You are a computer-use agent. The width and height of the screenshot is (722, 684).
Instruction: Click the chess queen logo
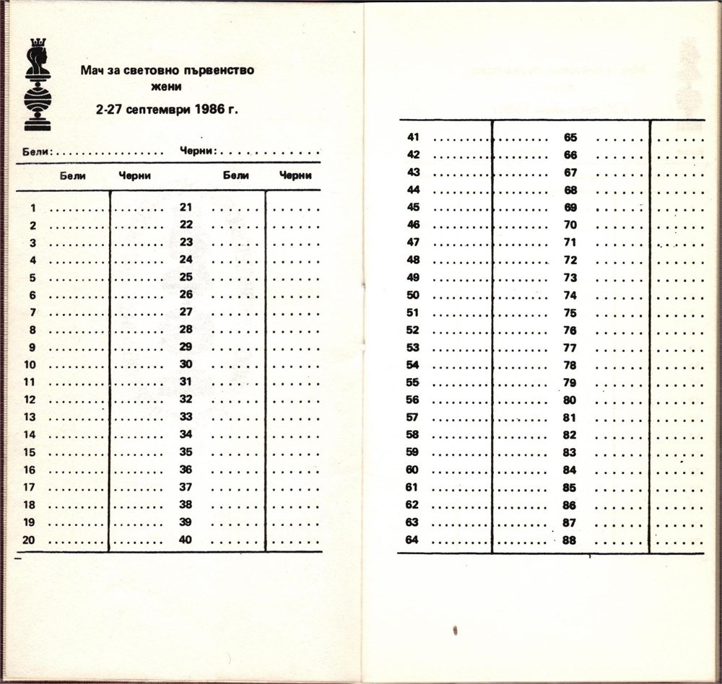37,85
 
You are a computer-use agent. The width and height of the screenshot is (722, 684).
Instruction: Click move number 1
32,208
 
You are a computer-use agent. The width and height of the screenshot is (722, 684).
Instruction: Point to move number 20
30,540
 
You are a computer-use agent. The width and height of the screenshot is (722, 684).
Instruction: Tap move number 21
186,207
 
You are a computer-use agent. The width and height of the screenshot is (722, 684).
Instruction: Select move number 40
186,540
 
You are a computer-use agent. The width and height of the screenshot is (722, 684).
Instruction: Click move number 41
413,137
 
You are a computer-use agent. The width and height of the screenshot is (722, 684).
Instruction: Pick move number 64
412,540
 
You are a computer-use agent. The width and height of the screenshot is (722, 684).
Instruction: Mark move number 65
570,137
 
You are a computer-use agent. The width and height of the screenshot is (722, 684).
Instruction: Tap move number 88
570,540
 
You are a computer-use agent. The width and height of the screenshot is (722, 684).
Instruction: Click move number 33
186,417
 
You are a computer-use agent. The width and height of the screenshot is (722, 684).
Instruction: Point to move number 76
570,330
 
